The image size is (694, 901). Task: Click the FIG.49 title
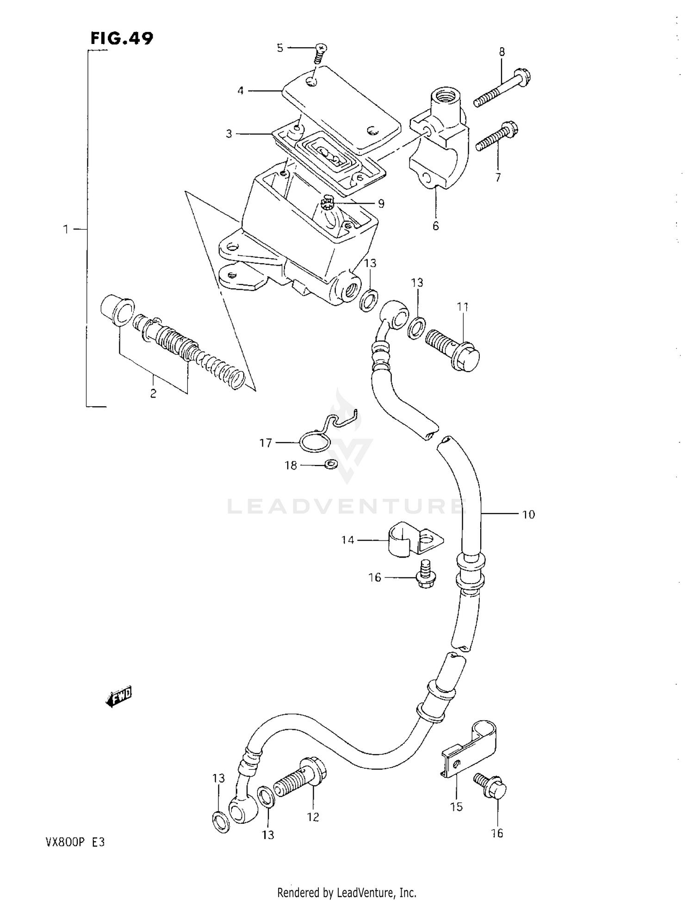(x=122, y=38)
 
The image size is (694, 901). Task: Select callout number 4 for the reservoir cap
(x=240, y=91)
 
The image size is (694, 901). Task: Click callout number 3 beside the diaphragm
(x=229, y=134)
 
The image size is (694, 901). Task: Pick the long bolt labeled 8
(x=502, y=87)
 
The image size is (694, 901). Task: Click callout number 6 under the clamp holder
(x=435, y=226)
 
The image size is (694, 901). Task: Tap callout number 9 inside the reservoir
(x=381, y=204)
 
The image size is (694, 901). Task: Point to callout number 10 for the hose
(x=528, y=515)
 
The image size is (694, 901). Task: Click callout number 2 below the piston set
(x=153, y=394)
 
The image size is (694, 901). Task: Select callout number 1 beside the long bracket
(x=66, y=229)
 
